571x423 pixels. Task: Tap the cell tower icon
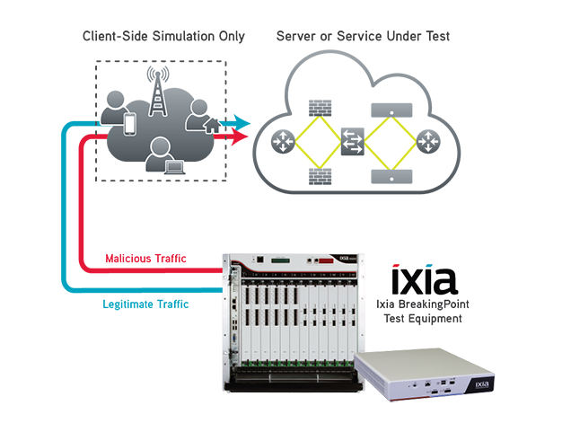click(159, 93)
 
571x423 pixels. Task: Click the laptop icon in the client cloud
click(172, 165)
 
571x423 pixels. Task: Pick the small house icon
click(212, 126)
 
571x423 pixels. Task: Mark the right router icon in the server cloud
click(427, 141)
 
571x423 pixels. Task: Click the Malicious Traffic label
click(145, 259)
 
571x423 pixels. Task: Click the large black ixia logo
click(425, 280)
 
